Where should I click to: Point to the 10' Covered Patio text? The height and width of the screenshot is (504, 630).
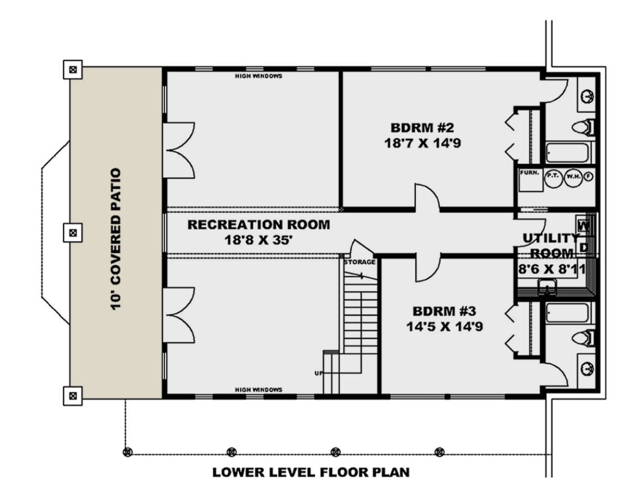(116, 239)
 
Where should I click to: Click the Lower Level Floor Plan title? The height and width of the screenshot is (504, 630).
(311, 472)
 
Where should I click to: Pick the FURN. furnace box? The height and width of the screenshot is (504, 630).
(531, 180)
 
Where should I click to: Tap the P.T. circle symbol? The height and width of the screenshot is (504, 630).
(553, 178)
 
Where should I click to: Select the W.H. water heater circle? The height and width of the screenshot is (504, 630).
(573, 178)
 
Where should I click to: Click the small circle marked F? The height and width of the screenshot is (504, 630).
(589, 176)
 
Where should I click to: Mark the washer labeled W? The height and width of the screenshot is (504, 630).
(584, 226)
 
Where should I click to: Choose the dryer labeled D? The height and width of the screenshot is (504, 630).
(584, 247)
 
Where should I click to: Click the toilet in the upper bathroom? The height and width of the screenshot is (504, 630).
(583, 128)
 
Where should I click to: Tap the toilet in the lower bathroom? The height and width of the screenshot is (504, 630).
(583, 338)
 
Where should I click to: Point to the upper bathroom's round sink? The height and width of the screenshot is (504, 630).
(587, 97)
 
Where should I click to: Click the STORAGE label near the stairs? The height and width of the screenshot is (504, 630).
(360, 262)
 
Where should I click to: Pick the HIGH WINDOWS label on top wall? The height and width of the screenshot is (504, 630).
(258, 76)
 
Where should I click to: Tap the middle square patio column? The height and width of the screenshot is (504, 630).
(73, 233)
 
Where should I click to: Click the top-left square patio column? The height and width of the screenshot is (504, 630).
(73, 70)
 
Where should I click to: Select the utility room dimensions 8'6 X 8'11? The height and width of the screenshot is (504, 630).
(552, 269)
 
